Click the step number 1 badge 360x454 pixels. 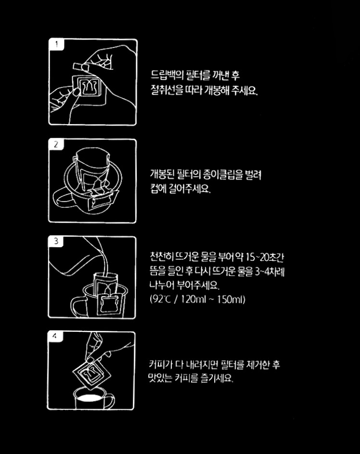coord(56,44)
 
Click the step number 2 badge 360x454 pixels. coord(56,144)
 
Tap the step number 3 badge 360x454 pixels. coord(56,241)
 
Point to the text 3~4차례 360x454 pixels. coord(270,272)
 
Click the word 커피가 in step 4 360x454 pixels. coord(160,364)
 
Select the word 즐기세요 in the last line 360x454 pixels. coord(217,378)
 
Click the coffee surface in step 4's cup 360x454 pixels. coord(90,398)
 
